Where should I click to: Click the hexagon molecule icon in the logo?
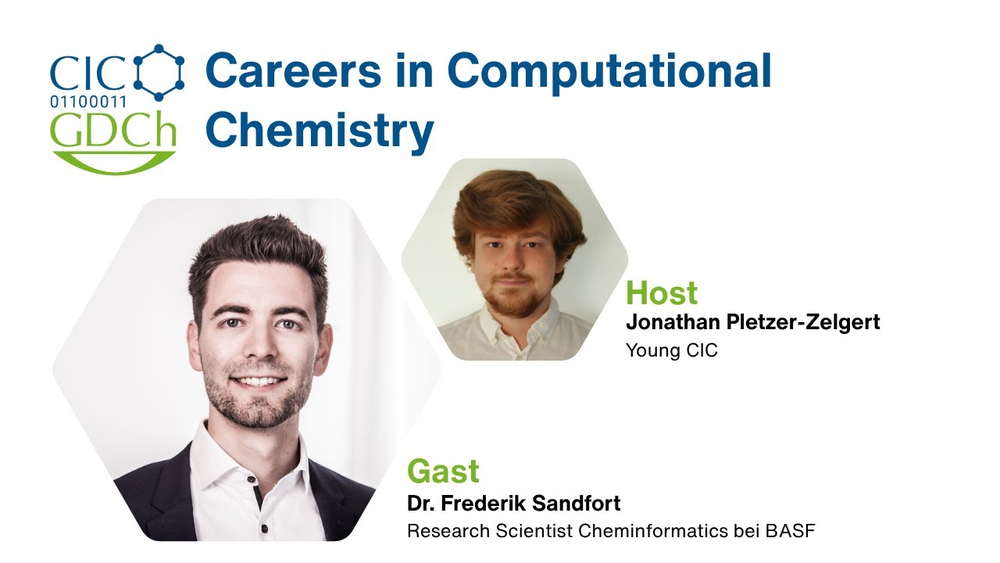[x=159, y=73]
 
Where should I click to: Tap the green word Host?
[x=662, y=293]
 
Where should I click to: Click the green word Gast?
[x=443, y=472]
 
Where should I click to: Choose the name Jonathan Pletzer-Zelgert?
[x=753, y=321]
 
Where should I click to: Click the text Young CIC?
[x=671, y=350]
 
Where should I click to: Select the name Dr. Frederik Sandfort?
[x=513, y=503]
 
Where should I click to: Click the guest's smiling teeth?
[x=258, y=382]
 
